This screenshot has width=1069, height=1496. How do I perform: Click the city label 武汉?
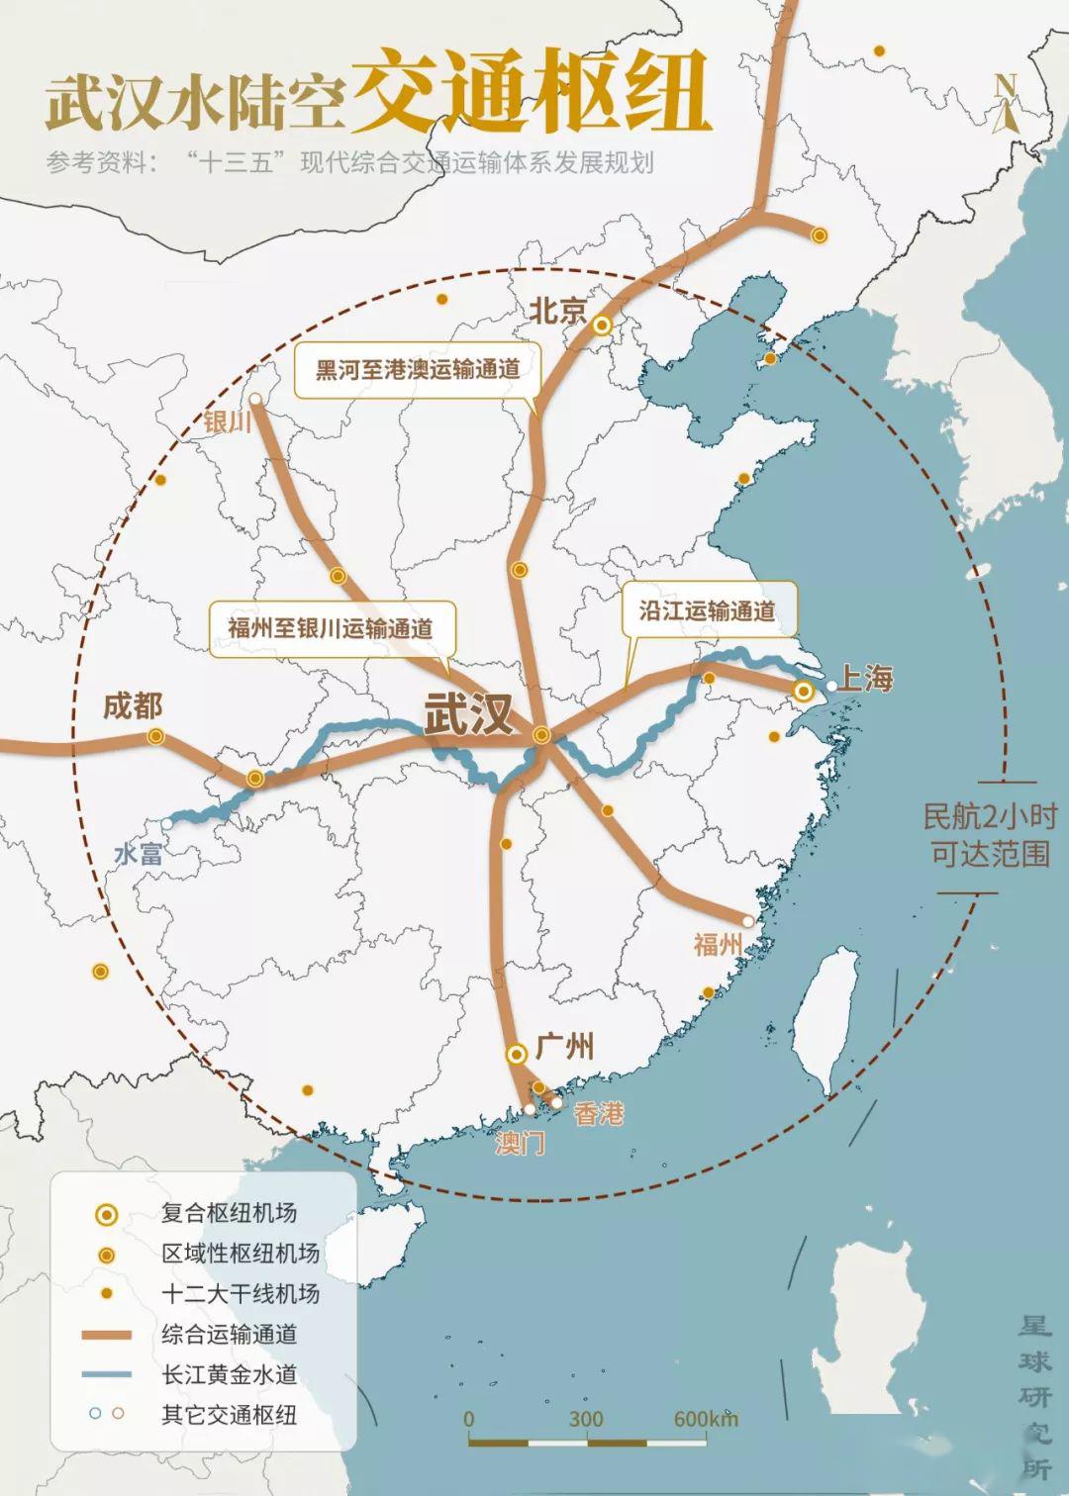tap(468, 714)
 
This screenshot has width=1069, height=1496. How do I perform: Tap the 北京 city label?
tap(558, 311)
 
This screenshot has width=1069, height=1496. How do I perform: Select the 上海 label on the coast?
tap(866, 679)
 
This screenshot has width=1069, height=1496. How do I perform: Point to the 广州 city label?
tap(565, 1046)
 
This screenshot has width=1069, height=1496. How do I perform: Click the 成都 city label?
tap(133, 706)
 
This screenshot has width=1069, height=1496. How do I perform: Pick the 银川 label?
tap(227, 421)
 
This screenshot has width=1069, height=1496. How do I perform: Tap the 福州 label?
tap(718, 945)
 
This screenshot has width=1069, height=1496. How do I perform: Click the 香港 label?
tap(599, 1114)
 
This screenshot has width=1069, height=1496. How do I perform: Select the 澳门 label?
tap(520, 1144)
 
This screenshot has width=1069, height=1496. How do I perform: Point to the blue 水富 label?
tap(138, 854)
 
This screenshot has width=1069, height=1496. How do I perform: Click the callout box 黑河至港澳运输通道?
tap(418, 370)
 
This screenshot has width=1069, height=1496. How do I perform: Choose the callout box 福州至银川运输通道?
tap(331, 627)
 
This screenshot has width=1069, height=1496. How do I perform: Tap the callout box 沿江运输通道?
tap(707, 610)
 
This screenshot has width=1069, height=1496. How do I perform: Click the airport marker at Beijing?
tap(602, 325)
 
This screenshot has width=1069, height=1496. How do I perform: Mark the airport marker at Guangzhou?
tap(516, 1054)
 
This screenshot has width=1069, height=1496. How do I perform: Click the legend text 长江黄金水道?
tap(229, 1374)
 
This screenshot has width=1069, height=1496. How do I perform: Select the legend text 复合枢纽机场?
tap(229, 1213)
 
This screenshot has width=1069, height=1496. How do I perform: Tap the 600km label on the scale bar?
tap(705, 1419)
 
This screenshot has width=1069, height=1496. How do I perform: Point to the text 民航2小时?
tap(989, 816)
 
